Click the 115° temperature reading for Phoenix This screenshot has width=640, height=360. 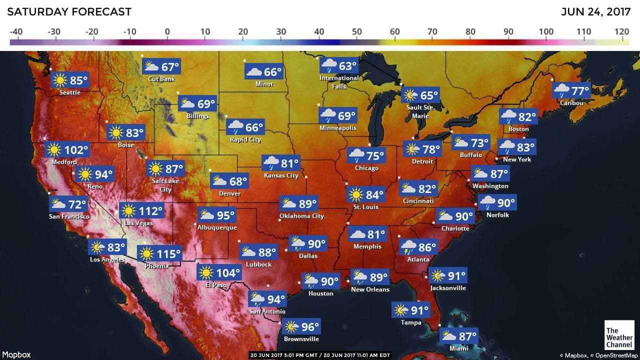tap(168, 253)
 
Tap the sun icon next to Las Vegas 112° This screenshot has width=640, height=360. tap(128, 210)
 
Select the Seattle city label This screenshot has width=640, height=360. tap(69, 92)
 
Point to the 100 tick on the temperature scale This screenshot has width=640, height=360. tap(546, 32)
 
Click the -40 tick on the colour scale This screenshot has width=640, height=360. tap(16, 32)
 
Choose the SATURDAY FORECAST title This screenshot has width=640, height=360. tap(69, 11)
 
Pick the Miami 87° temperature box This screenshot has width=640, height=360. tap(459, 335)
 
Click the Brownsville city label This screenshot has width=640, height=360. tap(301, 339)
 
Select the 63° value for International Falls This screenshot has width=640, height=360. tap(347, 66)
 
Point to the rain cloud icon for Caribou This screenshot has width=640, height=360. tap(561, 91)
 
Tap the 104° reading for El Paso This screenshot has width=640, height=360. tap(228, 273)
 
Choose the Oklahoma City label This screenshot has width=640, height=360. tap(301, 216)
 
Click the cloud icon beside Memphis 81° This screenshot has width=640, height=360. tap(357, 234)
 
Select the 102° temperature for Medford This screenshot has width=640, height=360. tap(75, 149)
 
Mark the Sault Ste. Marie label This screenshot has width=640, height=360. tap(420, 111)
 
